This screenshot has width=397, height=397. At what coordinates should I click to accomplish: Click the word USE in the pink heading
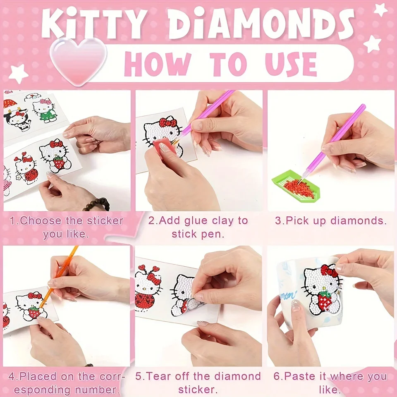pyautogui.click(x=291, y=64)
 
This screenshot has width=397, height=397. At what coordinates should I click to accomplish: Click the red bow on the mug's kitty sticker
pyautogui.click(x=329, y=271)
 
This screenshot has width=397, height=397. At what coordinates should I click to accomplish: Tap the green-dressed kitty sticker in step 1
pyautogui.click(x=45, y=110)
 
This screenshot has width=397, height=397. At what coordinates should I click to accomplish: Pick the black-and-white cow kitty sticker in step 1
pyautogui.click(x=17, y=119)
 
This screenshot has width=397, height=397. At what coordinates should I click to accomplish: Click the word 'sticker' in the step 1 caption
pyautogui.click(x=105, y=221)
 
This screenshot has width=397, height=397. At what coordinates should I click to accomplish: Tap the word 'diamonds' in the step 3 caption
pyautogui.click(x=359, y=220)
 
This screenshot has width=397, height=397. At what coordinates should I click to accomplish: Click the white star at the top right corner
pyautogui.click(x=380, y=10)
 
